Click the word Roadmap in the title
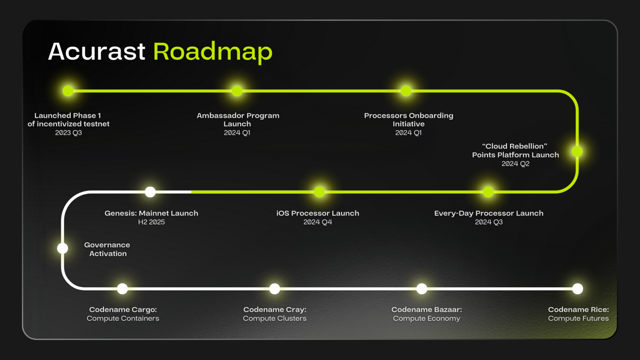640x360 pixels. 213,52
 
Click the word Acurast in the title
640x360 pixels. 97,52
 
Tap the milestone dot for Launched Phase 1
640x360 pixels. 68,91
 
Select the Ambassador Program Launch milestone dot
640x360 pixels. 237,91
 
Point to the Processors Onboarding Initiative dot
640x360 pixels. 406,91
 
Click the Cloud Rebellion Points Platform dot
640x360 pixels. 577,151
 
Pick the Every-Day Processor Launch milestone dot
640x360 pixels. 488,192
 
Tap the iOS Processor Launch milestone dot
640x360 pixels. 319,192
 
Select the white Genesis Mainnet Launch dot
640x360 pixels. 150,192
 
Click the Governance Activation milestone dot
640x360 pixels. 63,248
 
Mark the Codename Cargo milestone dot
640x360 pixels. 122,289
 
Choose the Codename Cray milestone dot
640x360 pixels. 274,289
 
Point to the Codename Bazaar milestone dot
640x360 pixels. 422,289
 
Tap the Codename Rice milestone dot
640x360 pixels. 577,289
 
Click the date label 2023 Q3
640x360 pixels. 69,133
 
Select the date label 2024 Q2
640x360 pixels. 516,164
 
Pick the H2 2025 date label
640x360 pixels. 151,222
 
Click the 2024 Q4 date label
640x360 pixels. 318,222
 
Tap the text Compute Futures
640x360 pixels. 578,318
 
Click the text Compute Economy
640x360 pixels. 426,318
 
